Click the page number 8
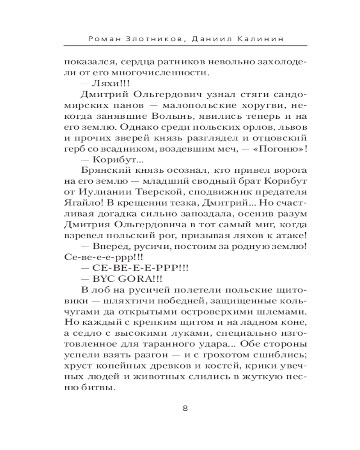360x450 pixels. point(185,408)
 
